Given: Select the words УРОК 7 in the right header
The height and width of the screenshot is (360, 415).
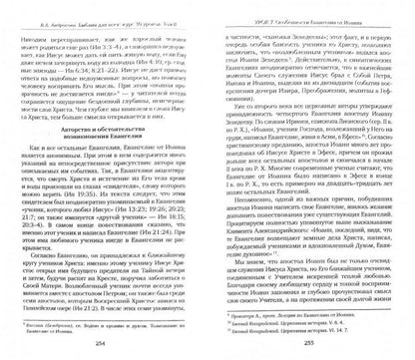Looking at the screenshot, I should click(237, 7).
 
